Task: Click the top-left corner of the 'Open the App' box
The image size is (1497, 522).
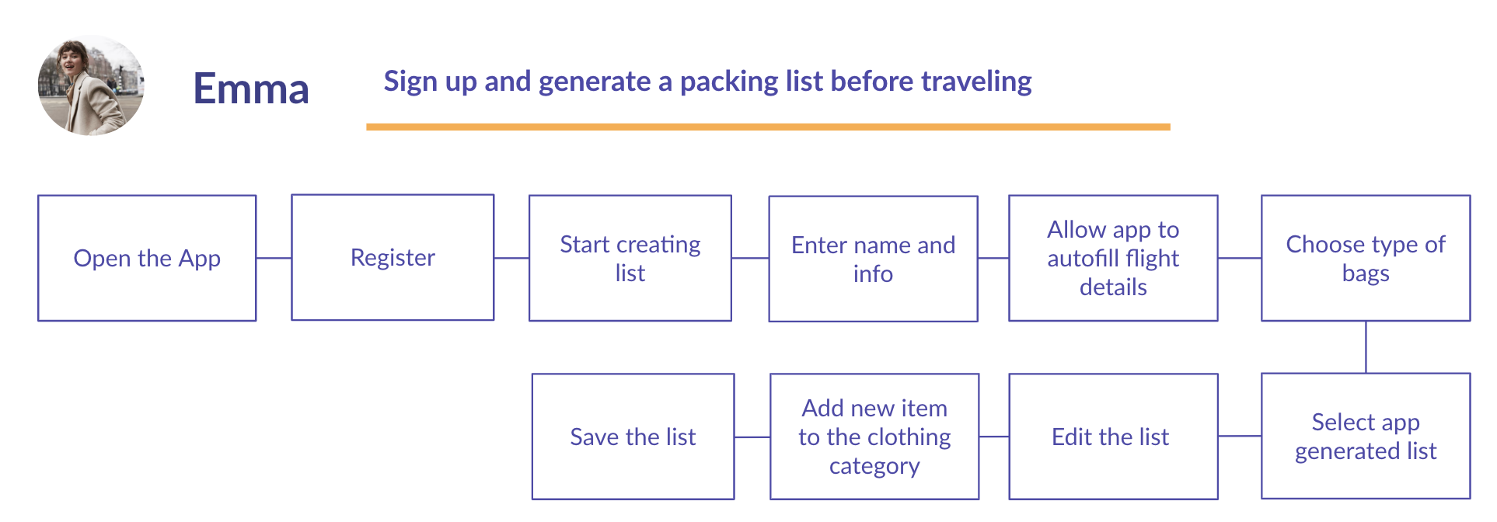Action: pyautogui.click(x=38, y=196)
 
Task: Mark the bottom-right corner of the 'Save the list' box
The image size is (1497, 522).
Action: pyautogui.click(x=734, y=499)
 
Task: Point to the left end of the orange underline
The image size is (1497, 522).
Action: pyautogui.click(x=367, y=127)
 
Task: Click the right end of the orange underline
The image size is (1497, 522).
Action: pyautogui.click(x=1171, y=127)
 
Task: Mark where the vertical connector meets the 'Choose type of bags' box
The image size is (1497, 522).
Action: pyautogui.click(x=1366, y=321)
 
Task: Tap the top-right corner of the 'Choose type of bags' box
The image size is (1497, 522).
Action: pyautogui.click(x=1470, y=196)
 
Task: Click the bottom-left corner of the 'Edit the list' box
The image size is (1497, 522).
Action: pyautogui.click(x=1010, y=499)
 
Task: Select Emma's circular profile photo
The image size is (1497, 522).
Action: pyautogui.click(x=91, y=85)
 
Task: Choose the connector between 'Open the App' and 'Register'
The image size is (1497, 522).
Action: pyautogui.click(x=274, y=258)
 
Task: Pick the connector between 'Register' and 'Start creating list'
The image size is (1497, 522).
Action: pyautogui.click(x=511, y=258)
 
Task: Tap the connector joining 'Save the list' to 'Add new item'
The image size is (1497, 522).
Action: pyautogui.click(x=752, y=437)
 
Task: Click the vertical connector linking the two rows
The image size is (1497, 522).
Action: pyautogui.click(x=1366, y=347)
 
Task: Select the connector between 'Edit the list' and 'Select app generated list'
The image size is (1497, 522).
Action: pyautogui.click(x=1240, y=437)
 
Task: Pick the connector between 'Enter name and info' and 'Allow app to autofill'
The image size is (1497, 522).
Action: pyautogui.click(x=993, y=258)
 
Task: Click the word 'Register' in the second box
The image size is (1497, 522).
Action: pyautogui.click(x=393, y=258)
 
